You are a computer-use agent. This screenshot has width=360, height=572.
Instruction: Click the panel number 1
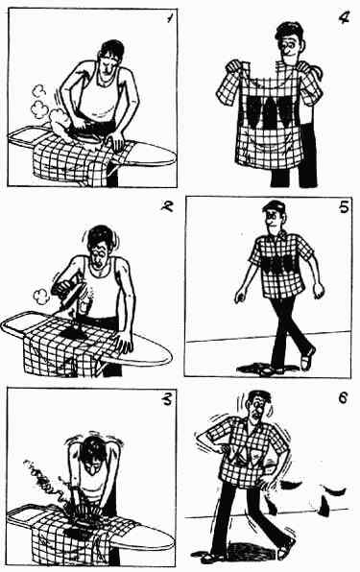pyautogui.click(x=170, y=18)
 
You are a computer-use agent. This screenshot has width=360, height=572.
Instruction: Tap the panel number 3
pyautogui.click(x=167, y=399)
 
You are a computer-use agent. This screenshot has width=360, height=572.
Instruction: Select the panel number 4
pyautogui.click(x=344, y=17)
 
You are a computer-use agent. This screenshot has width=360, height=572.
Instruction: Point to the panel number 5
pyautogui.click(x=344, y=207)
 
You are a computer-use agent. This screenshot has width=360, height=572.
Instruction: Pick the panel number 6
pyautogui.click(x=343, y=397)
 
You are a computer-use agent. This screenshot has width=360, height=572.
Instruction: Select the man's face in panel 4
pyautogui.click(x=289, y=45)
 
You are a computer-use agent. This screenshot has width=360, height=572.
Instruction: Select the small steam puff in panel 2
pyautogui.click(x=41, y=296)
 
